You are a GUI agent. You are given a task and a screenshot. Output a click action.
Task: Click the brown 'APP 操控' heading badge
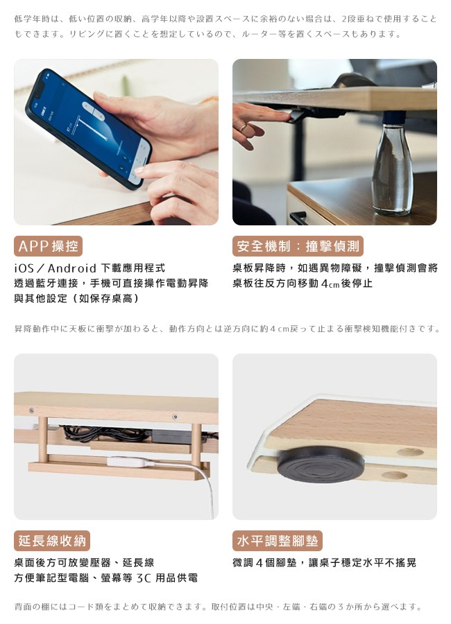[48, 246]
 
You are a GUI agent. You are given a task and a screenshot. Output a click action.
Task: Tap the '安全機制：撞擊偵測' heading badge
[298, 246]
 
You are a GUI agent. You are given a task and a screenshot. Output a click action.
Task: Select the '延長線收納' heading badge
[52, 541]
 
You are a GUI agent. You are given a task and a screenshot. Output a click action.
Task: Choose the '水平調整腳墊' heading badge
[278, 541]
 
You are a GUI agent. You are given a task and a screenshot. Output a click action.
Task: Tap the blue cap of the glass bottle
[394, 117]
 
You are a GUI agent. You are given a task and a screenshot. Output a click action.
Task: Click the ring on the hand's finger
[243, 128]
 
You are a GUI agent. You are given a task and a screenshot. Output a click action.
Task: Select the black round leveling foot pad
[321, 464]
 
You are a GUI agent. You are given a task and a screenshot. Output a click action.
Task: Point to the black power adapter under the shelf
[171, 436]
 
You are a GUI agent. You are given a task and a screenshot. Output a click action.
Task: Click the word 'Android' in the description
[72, 268]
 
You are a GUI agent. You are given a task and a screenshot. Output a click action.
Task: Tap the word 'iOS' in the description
[24, 268]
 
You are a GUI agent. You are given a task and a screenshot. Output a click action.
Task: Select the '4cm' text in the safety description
[330, 284]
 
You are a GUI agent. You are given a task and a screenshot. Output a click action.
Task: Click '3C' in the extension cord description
[144, 578]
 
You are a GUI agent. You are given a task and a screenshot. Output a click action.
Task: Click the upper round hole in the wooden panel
[410, 451]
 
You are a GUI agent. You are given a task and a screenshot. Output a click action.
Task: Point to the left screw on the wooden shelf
[31, 410]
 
